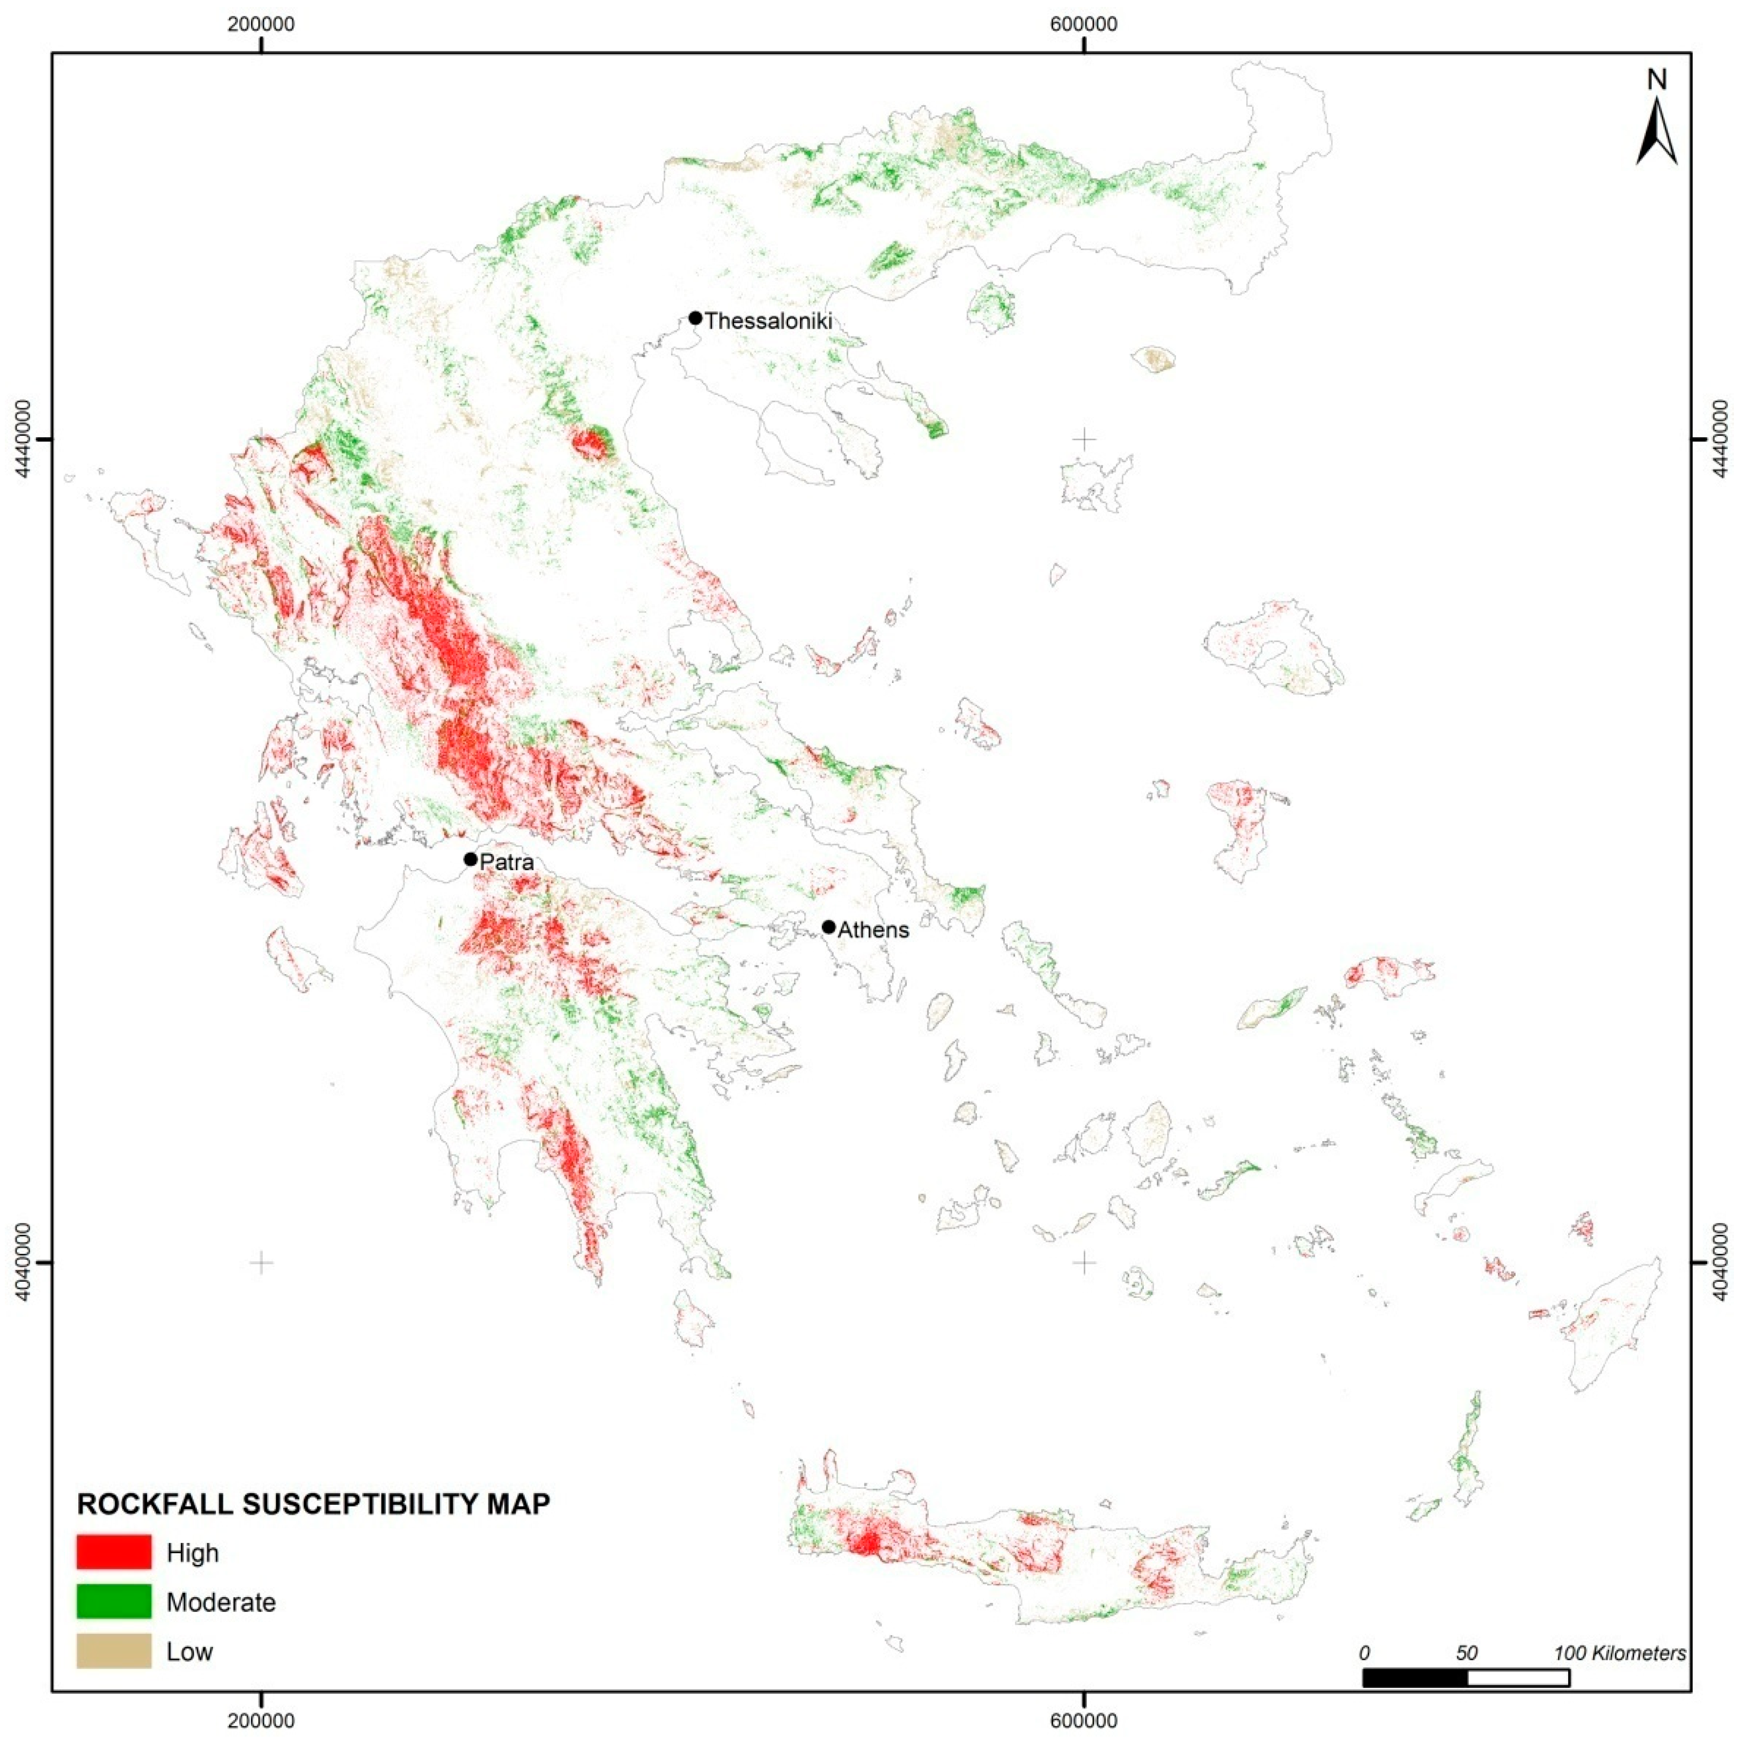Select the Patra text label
point(507,862)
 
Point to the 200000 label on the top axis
point(261,24)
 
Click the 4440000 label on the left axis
point(24,439)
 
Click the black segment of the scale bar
point(1415,1677)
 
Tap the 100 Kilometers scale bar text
point(1619,1653)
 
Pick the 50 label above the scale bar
point(1466,1653)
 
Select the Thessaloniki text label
point(768,321)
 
